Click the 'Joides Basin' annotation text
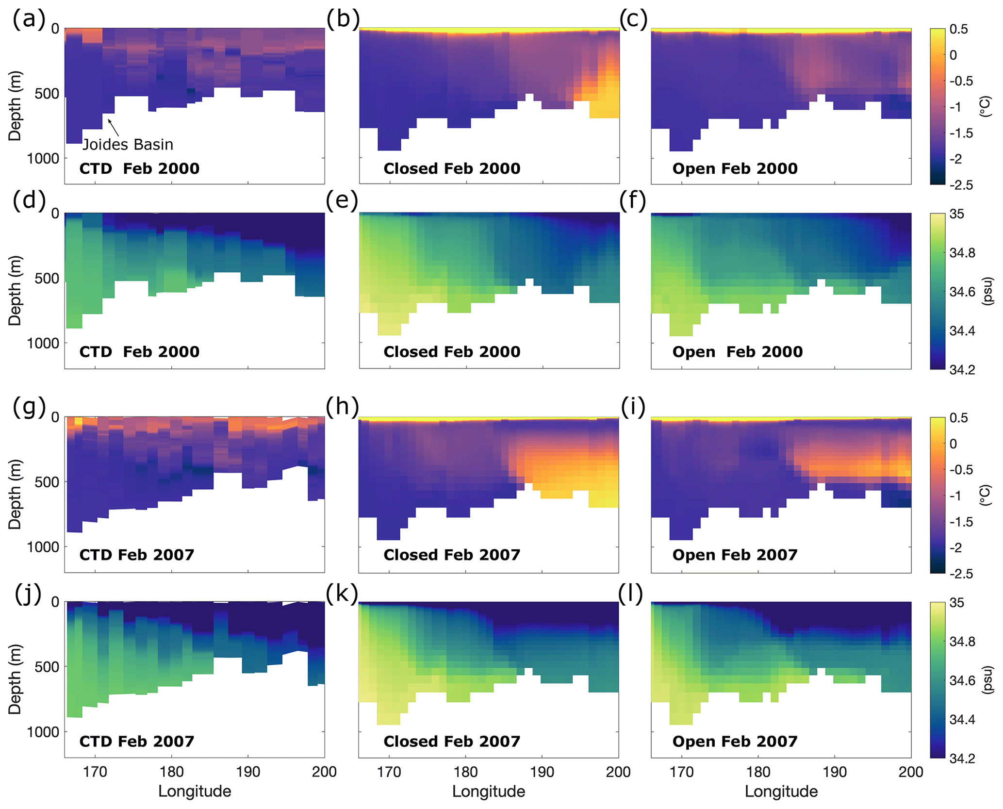128,145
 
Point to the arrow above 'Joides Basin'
113,127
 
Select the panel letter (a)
29,20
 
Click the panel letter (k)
342,593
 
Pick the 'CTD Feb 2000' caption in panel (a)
139,169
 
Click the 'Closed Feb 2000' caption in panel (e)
452,352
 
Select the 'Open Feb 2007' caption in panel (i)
735,555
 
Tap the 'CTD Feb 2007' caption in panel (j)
137,742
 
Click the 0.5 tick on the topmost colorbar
958,29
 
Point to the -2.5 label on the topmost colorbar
961,185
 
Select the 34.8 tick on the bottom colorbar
962,642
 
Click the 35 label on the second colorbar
957,214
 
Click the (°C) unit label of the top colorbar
985,107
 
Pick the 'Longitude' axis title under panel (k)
489,792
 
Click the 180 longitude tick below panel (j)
171,772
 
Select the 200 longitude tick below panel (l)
911,772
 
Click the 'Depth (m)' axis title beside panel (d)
15,290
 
